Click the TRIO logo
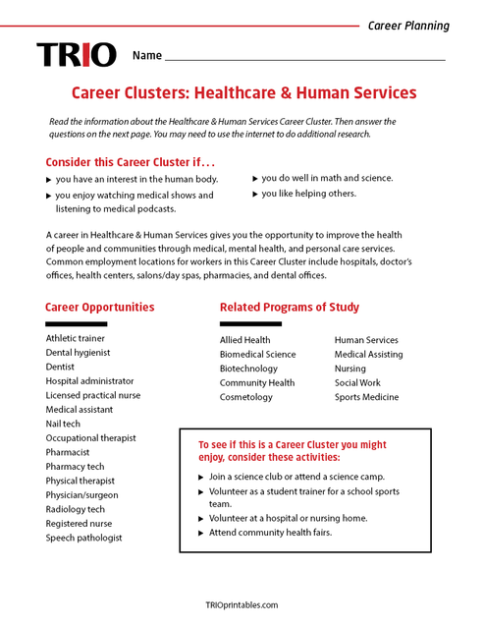pyautogui.click(x=77, y=55)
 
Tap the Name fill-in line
pyautogui.click(x=304, y=60)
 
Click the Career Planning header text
pyautogui.click(x=408, y=26)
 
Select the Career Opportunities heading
pyautogui.click(x=99, y=307)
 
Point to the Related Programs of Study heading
pyautogui.click(x=289, y=307)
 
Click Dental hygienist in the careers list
pyautogui.click(x=78, y=352)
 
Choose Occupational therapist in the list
pyautogui.click(x=90, y=438)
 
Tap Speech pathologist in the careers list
pyautogui.click(x=83, y=538)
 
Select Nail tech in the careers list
pyautogui.click(x=65, y=424)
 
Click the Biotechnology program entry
pyautogui.click(x=248, y=369)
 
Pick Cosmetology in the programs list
pyautogui.click(x=245, y=397)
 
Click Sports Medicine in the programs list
pyautogui.click(x=366, y=397)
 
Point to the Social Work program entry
pyautogui.click(x=357, y=383)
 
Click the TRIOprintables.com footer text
pyautogui.click(x=242, y=605)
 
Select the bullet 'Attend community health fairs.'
pyautogui.click(x=270, y=533)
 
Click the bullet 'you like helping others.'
pyautogui.click(x=308, y=194)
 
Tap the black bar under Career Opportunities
pyautogui.click(x=76, y=323)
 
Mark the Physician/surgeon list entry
pyautogui.click(x=81, y=495)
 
